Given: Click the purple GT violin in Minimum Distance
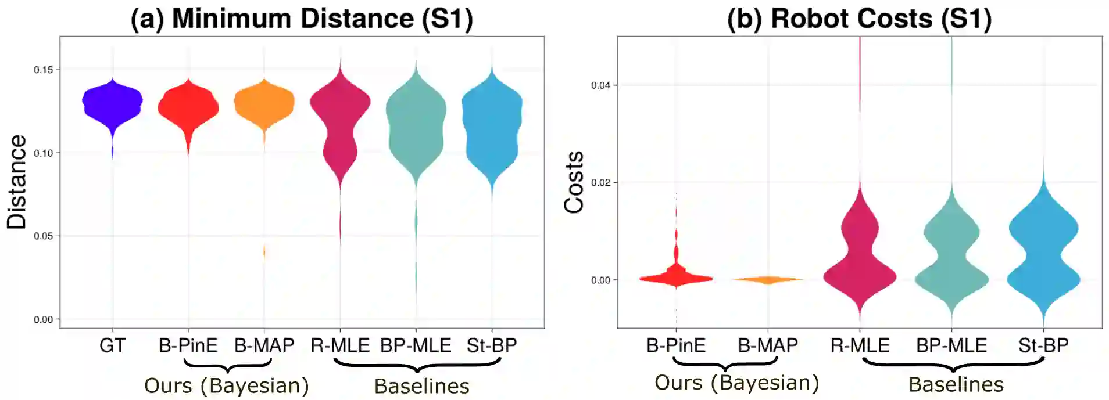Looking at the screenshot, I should (x=112, y=102).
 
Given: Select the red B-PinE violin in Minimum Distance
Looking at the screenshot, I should (x=188, y=107).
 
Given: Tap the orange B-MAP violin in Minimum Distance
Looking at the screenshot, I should (x=264, y=104).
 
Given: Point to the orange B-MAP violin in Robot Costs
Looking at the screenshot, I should (x=768, y=280).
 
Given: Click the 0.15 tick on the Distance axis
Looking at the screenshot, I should (x=44, y=70).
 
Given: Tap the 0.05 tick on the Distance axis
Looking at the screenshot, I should (x=44, y=236).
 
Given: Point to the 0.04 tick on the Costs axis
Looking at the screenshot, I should (x=600, y=85).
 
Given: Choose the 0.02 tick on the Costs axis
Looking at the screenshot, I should (x=600, y=183).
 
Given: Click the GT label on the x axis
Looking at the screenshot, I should (x=112, y=346).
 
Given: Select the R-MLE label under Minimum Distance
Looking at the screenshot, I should (x=340, y=346).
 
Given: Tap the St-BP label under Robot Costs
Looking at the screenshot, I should (x=1043, y=346).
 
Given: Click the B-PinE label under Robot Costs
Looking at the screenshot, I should (x=676, y=346).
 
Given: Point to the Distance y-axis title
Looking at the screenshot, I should (x=16, y=182).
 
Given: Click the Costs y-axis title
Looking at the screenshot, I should (x=574, y=182).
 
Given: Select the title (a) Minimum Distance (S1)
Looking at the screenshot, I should (x=302, y=19).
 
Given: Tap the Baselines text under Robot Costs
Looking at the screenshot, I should (x=956, y=385).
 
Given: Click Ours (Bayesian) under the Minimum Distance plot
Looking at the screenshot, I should (x=227, y=386).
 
